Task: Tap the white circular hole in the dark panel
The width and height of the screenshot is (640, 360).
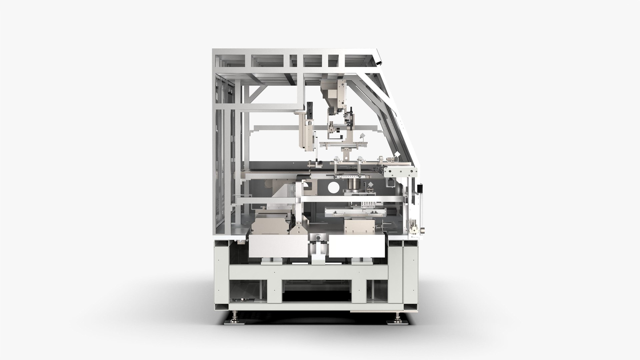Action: click(333, 188)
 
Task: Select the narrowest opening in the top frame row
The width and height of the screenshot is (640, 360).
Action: click(293, 60)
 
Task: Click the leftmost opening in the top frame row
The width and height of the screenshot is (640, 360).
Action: click(230, 60)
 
